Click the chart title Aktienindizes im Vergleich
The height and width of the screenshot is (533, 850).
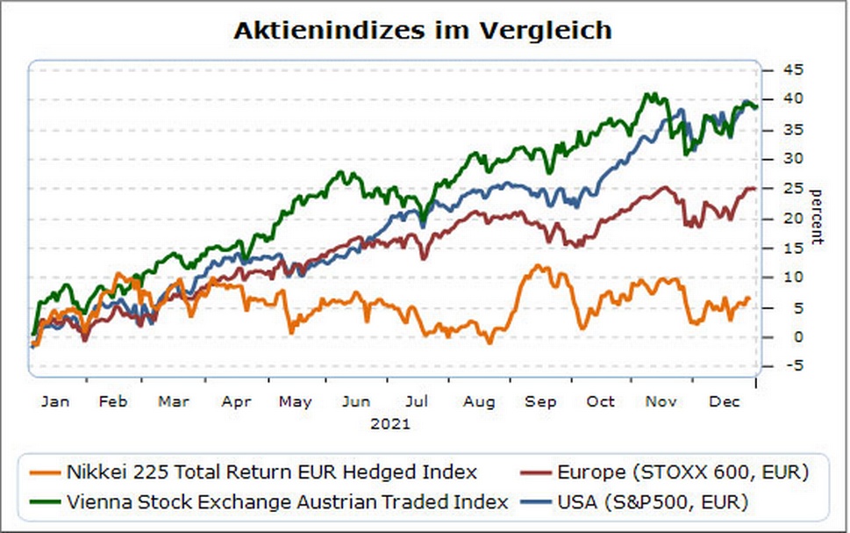[x=422, y=30]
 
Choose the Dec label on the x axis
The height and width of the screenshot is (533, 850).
[x=721, y=401]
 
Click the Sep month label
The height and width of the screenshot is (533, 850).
[x=540, y=401]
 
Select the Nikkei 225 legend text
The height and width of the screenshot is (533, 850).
[x=271, y=472]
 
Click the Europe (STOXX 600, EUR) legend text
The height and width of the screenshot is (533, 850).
[x=682, y=472]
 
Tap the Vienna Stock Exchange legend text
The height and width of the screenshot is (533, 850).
[x=287, y=502]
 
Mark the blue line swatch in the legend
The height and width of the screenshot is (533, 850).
[x=537, y=502]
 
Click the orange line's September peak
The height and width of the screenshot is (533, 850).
[x=537, y=265]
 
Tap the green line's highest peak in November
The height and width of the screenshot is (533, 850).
[x=650, y=93]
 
